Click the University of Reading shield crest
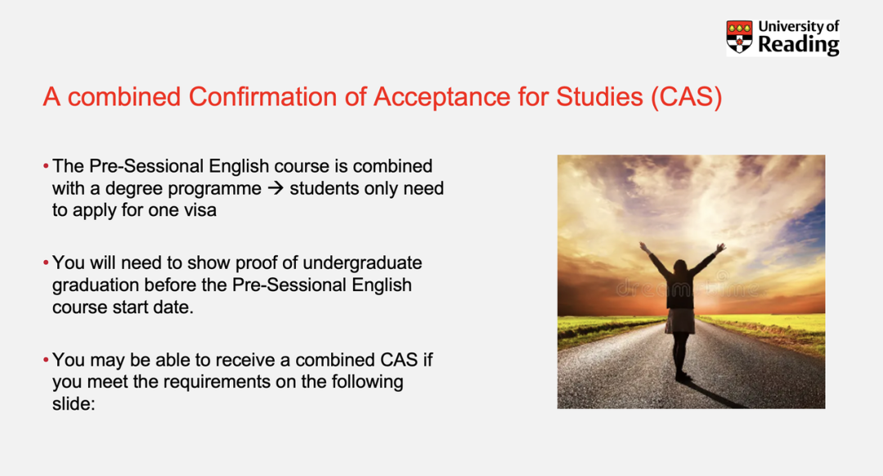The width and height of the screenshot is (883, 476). (739, 37)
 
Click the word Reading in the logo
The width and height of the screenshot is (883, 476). (799, 44)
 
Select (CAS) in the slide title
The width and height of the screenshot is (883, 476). (687, 97)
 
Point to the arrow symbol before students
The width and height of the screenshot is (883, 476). (276, 188)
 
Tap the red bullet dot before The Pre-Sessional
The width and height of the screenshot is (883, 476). (46, 166)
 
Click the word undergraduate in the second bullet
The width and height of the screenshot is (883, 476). (362, 263)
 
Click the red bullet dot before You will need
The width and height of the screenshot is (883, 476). (46, 263)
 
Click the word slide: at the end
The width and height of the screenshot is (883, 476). (74, 404)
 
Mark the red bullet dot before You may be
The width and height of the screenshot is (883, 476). (46, 360)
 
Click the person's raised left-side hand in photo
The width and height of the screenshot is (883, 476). (643, 246)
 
